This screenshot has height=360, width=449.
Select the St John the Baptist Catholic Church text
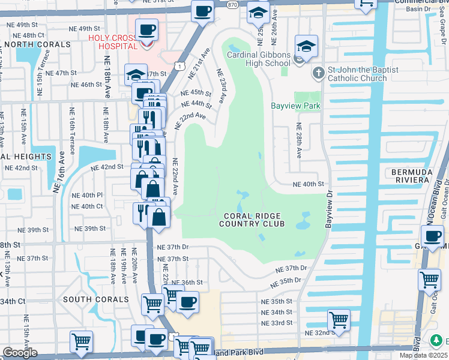(x=363, y=74)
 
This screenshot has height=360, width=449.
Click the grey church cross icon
(x=318, y=74)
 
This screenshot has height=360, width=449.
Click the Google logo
(x=19, y=353)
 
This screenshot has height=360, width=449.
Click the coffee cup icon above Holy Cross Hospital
(x=146, y=29)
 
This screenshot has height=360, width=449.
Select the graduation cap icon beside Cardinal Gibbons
(x=306, y=46)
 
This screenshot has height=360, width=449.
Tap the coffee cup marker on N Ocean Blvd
(x=432, y=236)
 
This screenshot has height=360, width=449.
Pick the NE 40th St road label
(x=308, y=185)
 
